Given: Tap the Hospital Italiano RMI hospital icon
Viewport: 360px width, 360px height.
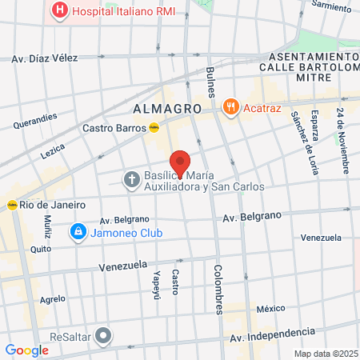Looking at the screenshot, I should pyautogui.click(x=58, y=11).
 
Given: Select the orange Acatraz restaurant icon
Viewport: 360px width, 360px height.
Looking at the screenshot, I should pyautogui.click(x=231, y=106).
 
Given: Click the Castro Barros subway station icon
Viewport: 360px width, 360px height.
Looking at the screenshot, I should pyautogui.click(x=153, y=126).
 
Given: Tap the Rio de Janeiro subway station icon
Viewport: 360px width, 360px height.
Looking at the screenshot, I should pyautogui.click(x=13, y=204).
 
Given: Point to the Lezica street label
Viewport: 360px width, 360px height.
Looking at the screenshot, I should pyautogui.click(x=52, y=149).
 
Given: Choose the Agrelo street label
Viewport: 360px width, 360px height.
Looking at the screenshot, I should pyautogui.click(x=52, y=299).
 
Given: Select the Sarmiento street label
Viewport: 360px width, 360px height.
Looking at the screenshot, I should pyautogui.click(x=330, y=6).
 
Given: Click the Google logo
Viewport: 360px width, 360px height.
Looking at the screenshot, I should pyautogui.click(x=27, y=350).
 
